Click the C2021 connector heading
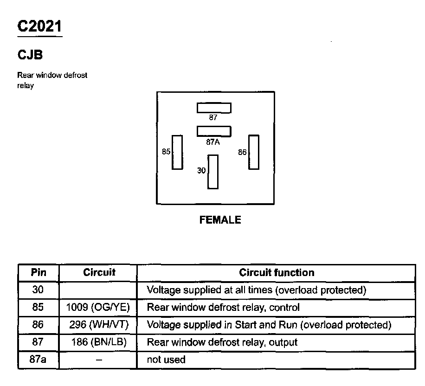pos(39,26)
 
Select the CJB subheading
pos(30,55)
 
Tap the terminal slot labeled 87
pos(214,108)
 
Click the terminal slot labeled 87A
pos(214,130)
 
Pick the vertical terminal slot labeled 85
pos(177,152)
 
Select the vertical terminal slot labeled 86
pos(253,152)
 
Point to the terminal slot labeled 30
pos(213,172)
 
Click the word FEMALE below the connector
pos(220,220)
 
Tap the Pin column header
pos(39,273)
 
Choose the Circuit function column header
pos(277,273)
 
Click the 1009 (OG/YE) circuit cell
pos(98,307)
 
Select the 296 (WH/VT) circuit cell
pos(98,325)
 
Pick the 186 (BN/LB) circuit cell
pos(98,342)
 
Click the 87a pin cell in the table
pos(39,360)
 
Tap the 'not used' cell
pos(166,360)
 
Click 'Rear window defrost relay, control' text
pos(223,307)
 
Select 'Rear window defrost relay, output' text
pos(222,342)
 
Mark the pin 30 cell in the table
pos(39,290)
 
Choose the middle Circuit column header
pos(99,273)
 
